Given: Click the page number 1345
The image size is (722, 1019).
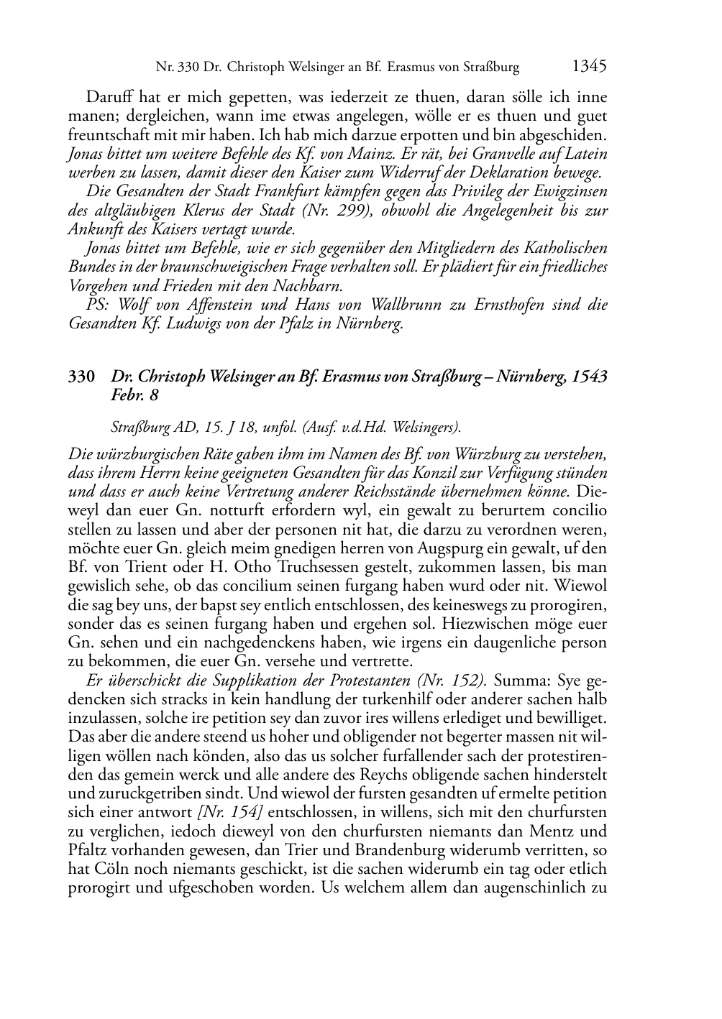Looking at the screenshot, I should (590, 67).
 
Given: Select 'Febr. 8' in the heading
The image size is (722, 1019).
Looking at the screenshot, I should (134, 395).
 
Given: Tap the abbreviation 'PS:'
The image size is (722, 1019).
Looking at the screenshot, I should (99, 305).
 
